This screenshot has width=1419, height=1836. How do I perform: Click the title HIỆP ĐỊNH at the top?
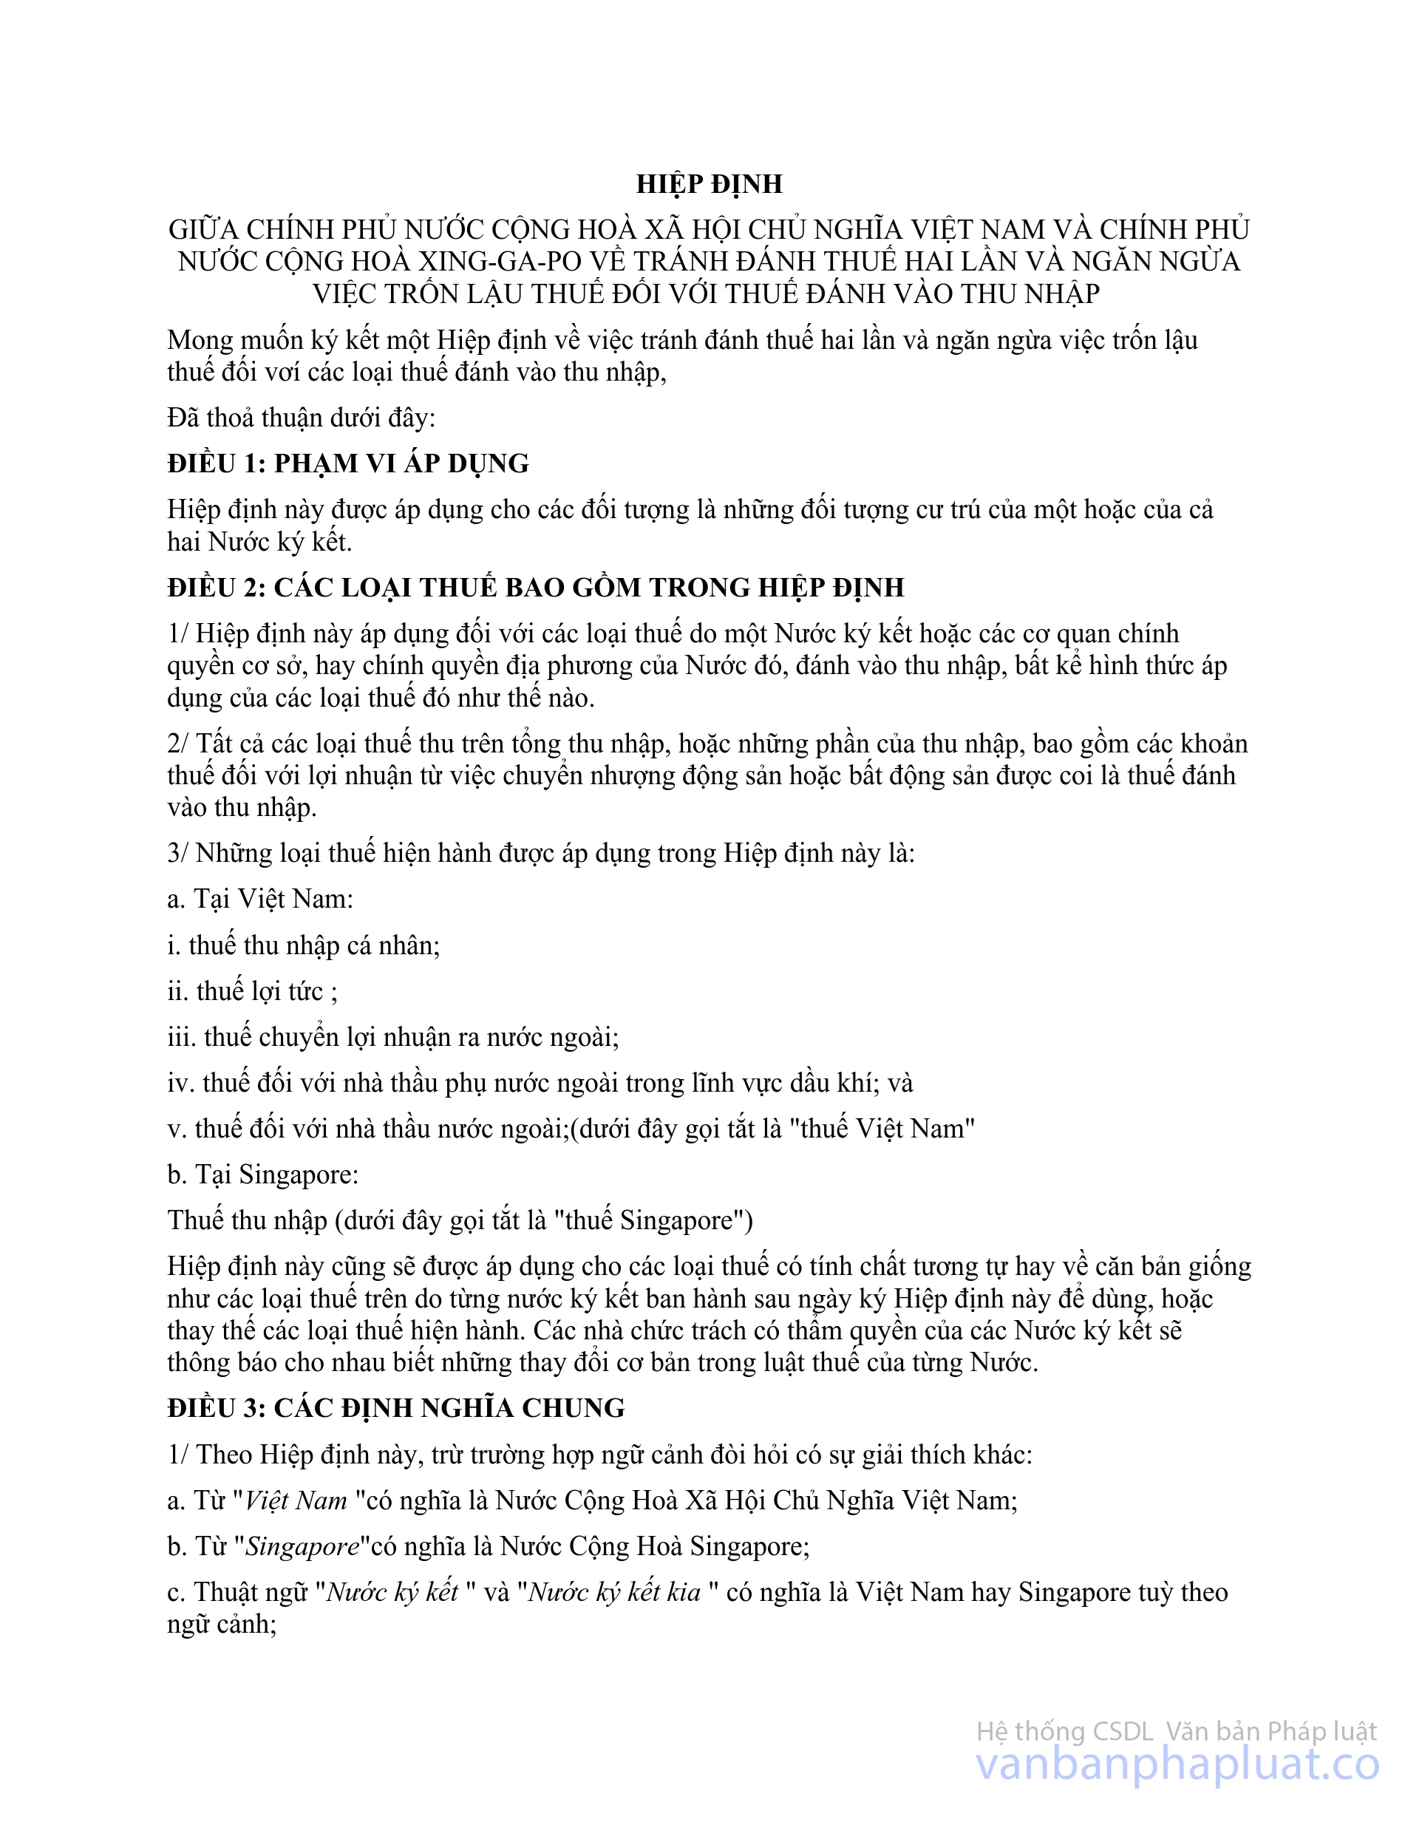[x=709, y=184]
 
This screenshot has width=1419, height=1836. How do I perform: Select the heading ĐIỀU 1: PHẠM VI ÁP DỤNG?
[x=348, y=463]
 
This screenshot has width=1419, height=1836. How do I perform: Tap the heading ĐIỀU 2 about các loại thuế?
[x=536, y=587]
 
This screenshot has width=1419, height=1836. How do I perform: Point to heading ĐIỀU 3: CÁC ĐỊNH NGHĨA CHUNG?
[x=396, y=1408]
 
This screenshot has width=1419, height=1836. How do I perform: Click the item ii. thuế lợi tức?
[x=252, y=992]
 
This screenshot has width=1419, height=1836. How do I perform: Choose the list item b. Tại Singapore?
[x=263, y=1174]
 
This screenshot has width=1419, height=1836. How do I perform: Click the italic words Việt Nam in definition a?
[x=295, y=1500]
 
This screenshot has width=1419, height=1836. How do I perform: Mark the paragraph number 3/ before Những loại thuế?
[x=179, y=853]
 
